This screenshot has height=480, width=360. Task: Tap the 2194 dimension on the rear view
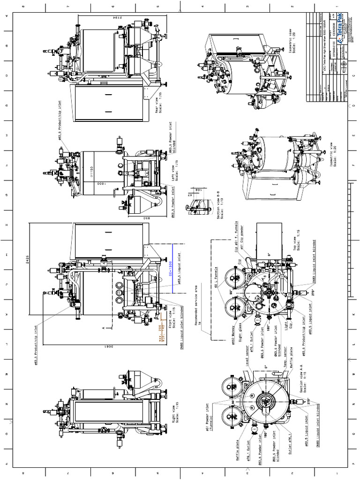click(x=121, y=18)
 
